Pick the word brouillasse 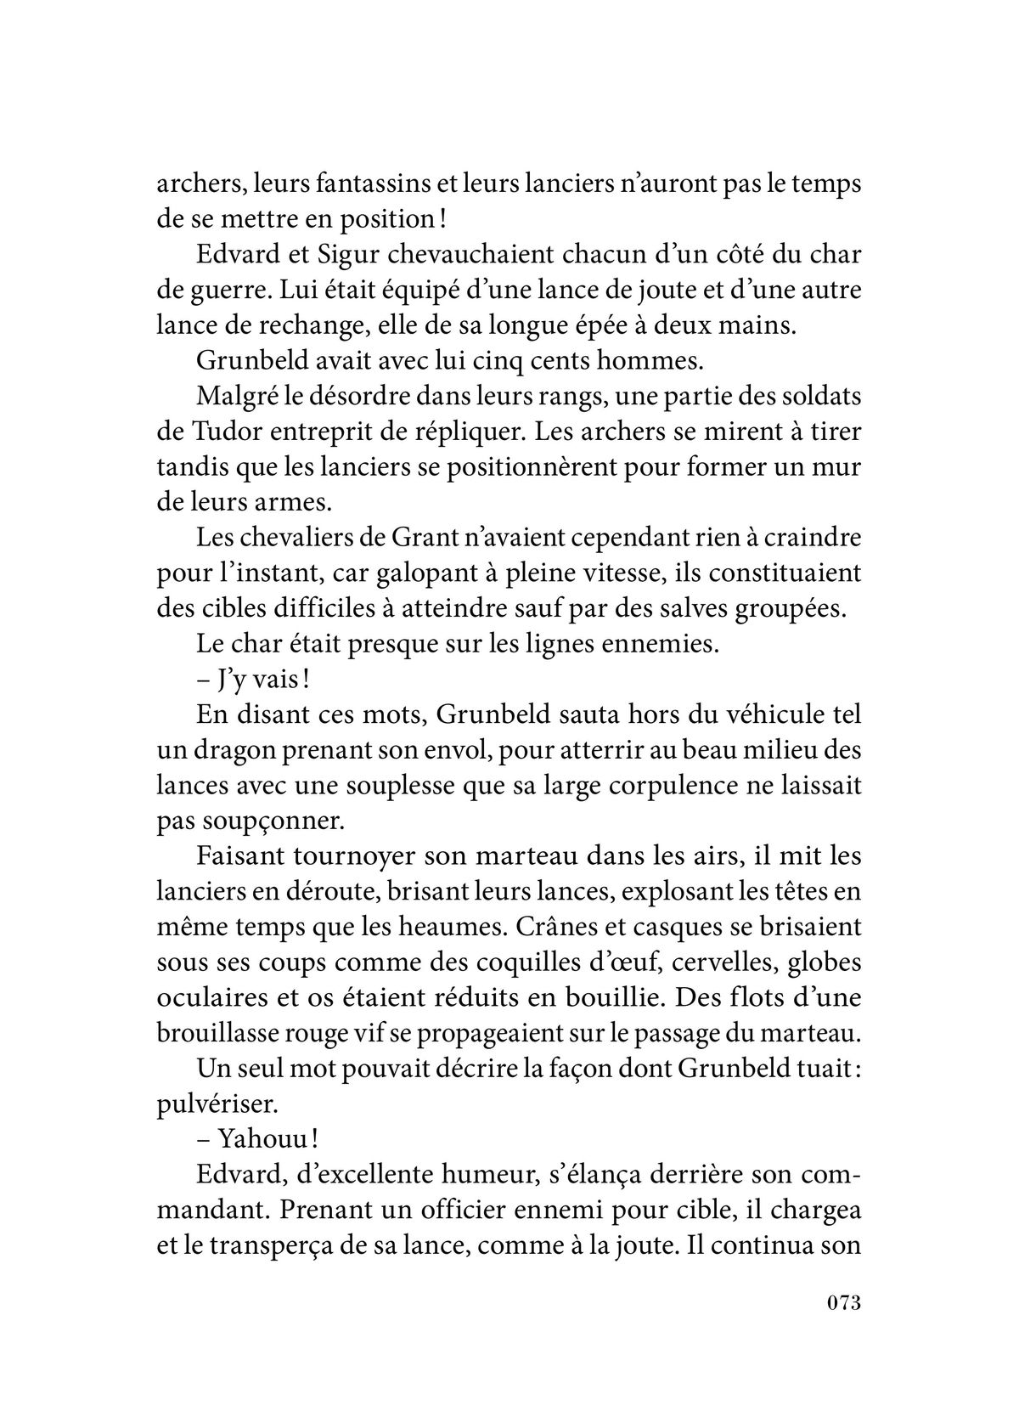click(224, 1033)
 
